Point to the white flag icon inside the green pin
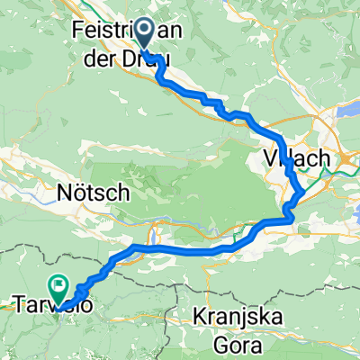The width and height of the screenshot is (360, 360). pos(59,287)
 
